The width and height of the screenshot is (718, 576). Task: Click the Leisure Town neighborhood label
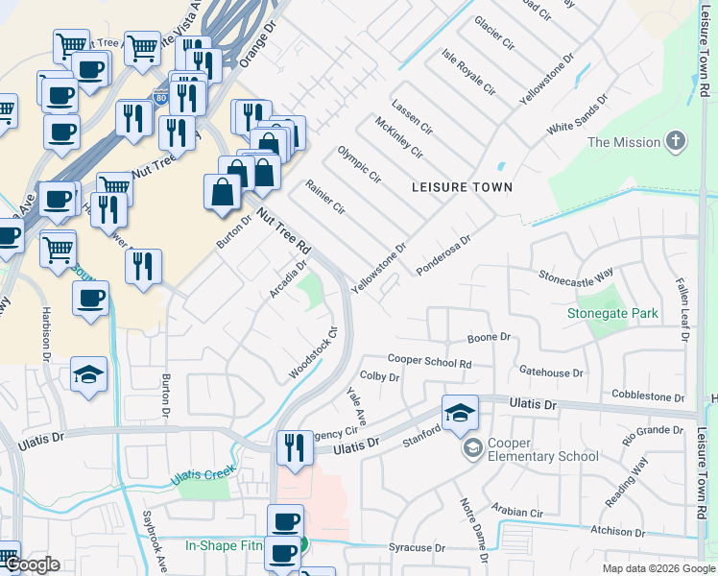coord(463,186)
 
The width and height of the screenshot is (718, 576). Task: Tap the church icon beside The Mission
coord(677,142)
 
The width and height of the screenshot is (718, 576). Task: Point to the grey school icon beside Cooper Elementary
coord(472,448)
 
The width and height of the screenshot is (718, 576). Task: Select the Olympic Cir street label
coord(359,164)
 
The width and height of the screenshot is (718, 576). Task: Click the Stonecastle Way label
coord(575,276)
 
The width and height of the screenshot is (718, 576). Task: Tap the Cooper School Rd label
coord(430,362)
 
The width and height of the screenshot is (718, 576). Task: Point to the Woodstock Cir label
coord(315,353)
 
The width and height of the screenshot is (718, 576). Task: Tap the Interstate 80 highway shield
coord(161,97)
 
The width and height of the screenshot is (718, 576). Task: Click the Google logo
coord(32,564)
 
